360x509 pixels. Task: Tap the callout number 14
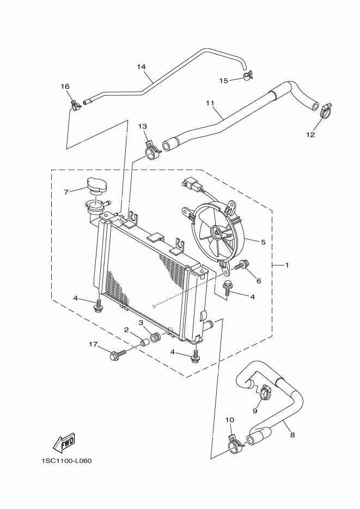(142, 67)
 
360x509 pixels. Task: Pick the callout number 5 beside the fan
(263, 242)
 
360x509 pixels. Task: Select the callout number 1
(287, 265)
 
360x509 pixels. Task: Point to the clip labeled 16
(74, 102)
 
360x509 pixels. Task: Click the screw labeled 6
(241, 266)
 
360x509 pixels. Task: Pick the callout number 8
(292, 435)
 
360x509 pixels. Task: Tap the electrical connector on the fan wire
(191, 187)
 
